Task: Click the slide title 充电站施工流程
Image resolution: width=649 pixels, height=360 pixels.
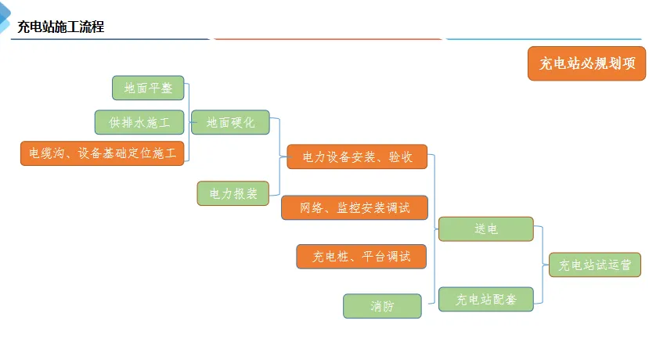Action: (60, 27)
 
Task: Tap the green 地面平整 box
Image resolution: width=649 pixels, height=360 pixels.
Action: (148, 88)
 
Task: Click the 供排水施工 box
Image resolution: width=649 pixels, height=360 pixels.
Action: (139, 122)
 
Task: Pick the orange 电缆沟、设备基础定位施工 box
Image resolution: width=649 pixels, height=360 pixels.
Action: (103, 153)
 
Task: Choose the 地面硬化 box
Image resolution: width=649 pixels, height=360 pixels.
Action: (230, 122)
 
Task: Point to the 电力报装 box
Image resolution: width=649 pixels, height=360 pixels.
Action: (233, 193)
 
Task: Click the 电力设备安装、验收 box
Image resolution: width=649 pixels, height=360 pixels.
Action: (357, 157)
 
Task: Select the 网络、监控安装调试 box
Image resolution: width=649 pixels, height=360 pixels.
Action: (355, 207)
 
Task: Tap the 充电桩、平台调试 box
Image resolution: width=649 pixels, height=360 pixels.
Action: (361, 256)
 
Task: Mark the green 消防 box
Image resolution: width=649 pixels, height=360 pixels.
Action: (382, 306)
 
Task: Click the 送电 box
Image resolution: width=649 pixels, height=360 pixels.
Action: (485, 229)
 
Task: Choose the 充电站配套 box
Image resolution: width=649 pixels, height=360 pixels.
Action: (485, 299)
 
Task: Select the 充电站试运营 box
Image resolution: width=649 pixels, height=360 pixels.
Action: (595, 265)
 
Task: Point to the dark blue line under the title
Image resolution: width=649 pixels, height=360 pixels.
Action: (110, 38)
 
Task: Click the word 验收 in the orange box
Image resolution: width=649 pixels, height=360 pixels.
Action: (400, 157)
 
